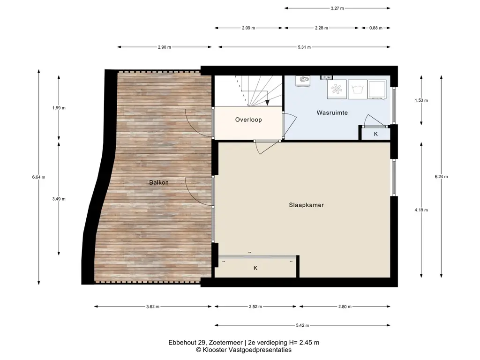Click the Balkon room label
(158, 182)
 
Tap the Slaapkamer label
(306, 205)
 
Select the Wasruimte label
(332, 112)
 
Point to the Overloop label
(248, 120)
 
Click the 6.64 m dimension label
(38, 177)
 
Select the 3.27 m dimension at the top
(337, 8)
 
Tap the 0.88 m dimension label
(375, 28)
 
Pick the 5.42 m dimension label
(302, 325)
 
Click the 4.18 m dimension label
(421, 210)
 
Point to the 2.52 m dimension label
(255, 307)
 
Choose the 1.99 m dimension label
(59, 108)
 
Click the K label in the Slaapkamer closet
(255, 268)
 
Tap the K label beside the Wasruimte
(375, 134)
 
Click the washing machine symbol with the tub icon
(357, 90)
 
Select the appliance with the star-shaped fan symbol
(337, 90)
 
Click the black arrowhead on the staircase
(267, 103)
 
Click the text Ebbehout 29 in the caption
(184, 343)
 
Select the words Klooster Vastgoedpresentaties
(247, 350)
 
